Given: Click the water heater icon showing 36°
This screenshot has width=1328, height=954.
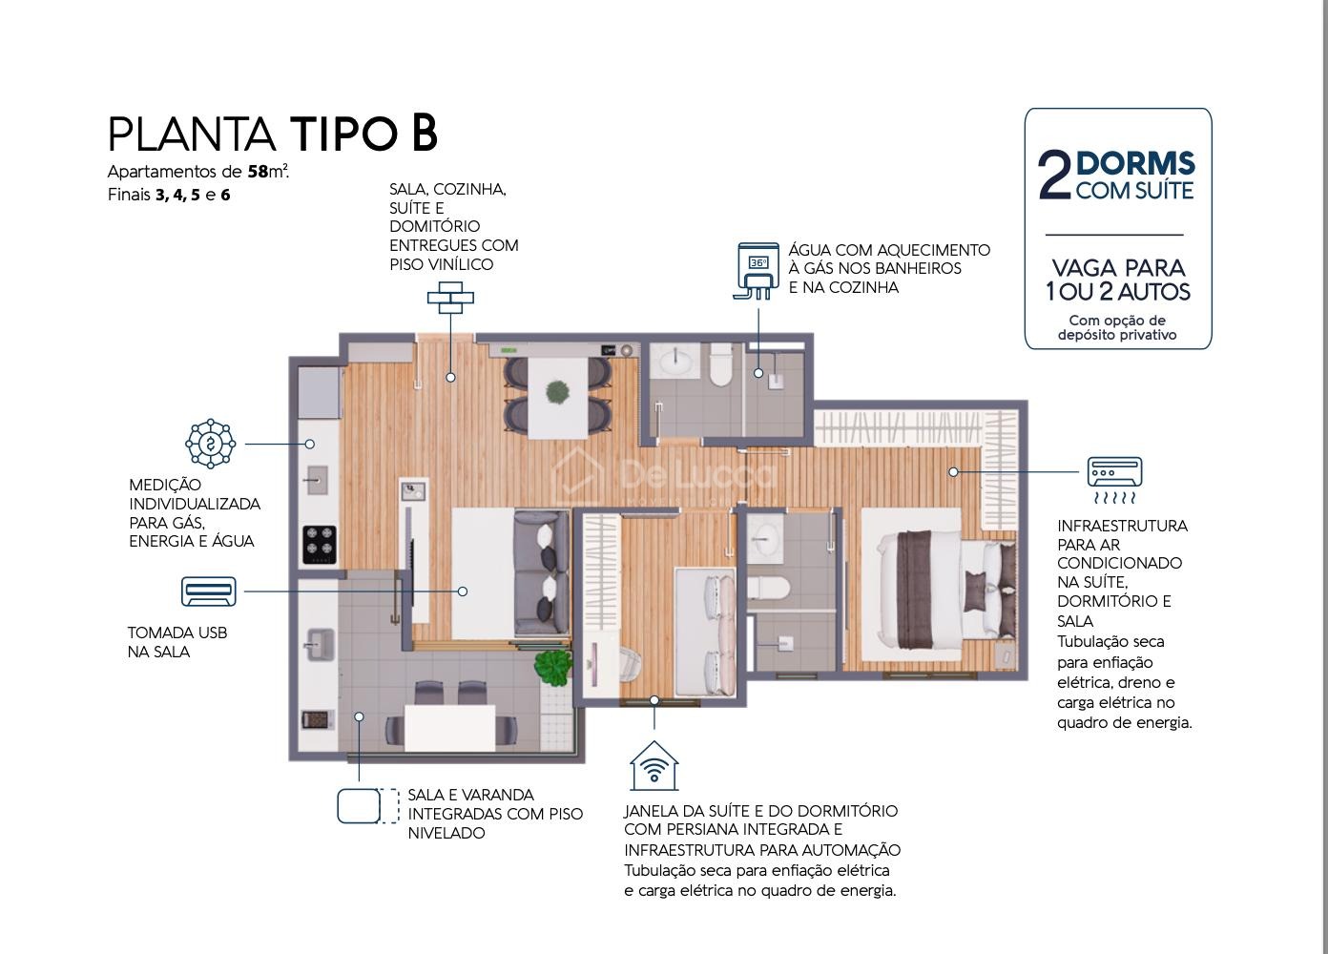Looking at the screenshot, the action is pyautogui.click(x=757, y=270).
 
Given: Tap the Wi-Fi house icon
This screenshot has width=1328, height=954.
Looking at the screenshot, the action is pyautogui.click(x=654, y=765).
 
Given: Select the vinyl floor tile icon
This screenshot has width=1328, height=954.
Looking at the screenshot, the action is pyautogui.click(x=450, y=298).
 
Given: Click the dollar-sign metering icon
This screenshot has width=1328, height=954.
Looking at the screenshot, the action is pyautogui.click(x=211, y=444).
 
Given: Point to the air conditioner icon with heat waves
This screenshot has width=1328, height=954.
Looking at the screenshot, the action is pyautogui.click(x=1114, y=480).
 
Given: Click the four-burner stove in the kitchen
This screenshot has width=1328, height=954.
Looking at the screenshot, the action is pyautogui.click(x=320, y=545).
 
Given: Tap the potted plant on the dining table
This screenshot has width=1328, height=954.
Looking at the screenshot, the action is pyautogui.click(x=557, y=392).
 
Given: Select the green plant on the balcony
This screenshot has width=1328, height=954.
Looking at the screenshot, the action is pyautogui.click(x=553, y=667).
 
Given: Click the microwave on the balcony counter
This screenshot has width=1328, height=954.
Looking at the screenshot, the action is pyautogui.click(x=318, y=720).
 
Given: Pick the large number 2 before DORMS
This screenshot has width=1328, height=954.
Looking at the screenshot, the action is pyautogui.click(x=1055, y=175).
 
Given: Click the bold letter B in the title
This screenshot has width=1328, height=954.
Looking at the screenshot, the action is pyautogui.click(x=425, y=133).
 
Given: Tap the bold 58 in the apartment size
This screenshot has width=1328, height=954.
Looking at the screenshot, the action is pyautogui.click(x=258, y=172).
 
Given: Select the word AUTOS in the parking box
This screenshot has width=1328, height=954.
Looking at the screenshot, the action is pyautogui.click(x=1154, y=292).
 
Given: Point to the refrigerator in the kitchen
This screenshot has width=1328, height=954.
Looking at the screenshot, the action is pyautogui.click(x=320, y=392).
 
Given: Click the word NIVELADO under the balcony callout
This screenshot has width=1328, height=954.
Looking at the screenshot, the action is pyautogui.click(x=446, y=833).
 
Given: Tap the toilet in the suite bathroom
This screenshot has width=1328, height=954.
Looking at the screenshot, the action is pyautogui.click(x=769, y=590).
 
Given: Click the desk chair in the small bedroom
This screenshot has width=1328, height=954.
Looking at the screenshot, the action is pyautogui.click(x=630, y=664).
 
